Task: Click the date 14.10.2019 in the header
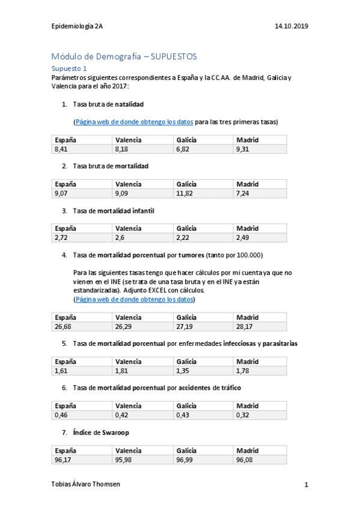click(291, 26)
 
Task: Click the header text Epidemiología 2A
click(78, 26)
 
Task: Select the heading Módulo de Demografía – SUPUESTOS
click(124, 57)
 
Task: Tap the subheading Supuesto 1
click(69, 69)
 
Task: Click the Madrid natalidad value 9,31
click(243, 149)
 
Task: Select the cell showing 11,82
click(186, 193)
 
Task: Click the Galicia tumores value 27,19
click(186, 327)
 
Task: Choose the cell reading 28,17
click(245, 327)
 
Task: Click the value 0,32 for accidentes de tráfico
click(243, 416)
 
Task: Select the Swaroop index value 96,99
click(186, 460)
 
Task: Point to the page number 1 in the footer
click(306, 485)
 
